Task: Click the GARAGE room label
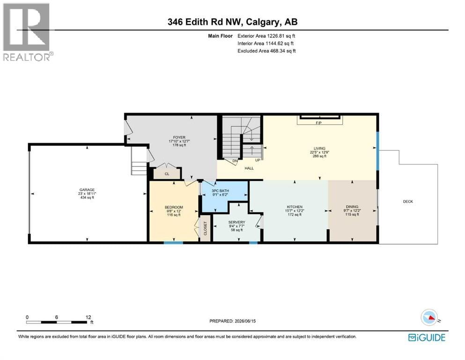87,190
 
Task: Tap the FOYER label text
179,137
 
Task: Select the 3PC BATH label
221,191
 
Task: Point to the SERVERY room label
236,222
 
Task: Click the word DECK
408,202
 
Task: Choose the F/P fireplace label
319,123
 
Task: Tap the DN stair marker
235,161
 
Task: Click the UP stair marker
258,160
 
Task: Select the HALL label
249,168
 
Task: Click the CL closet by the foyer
167,174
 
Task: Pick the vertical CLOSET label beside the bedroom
205,229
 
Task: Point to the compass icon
429,317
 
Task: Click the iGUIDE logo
427,337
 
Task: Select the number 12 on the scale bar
88,317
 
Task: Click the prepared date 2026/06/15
245,321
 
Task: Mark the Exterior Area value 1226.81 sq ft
281,36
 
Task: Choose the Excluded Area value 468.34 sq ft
283,51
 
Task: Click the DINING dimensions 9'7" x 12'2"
352,210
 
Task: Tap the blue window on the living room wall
377,151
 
